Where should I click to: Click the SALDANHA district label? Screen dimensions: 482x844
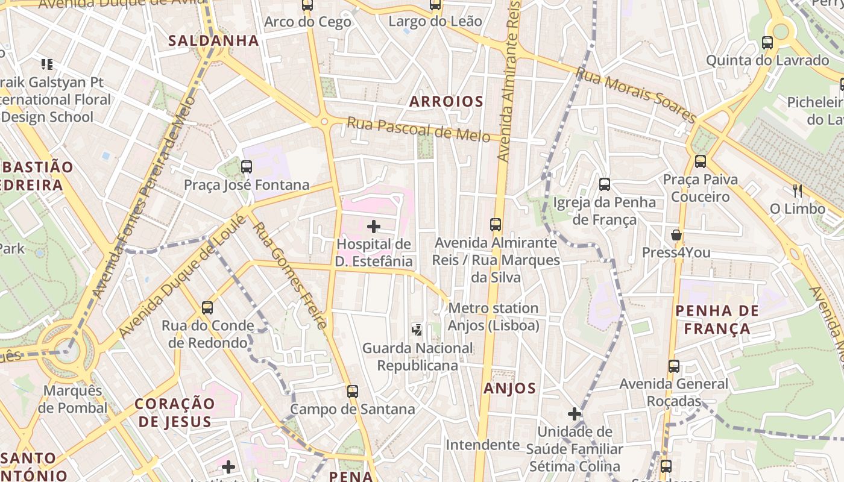(x=213, y=41)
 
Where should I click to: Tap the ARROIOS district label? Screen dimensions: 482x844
(x=446, y=101)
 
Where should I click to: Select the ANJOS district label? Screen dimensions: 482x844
(x=509, y=389)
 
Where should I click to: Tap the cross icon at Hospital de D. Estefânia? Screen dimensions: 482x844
(x=374, y=227)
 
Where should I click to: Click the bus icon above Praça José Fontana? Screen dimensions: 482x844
(x=246, y=167)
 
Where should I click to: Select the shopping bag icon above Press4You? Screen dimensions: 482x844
(x=676, y=235)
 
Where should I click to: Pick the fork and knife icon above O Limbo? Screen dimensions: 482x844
(x=797, y=191)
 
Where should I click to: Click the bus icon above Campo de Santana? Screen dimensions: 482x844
(x=353, y=392)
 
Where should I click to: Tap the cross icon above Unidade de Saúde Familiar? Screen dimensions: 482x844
(x=574, y=414)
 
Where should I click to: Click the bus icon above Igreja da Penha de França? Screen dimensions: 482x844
(x=604, y=184)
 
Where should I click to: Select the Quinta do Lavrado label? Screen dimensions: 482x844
(x=767, y=60)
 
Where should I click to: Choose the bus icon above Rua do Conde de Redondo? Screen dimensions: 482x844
(x=207, y=308)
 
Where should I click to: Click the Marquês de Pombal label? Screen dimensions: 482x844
(x=72, y=399)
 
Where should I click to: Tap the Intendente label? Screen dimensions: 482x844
(x=482, y=445)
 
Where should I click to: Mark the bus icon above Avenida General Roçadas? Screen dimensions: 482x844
(x=673, y=366)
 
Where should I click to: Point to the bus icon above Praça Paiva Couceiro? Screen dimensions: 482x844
(x=700, y=161)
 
